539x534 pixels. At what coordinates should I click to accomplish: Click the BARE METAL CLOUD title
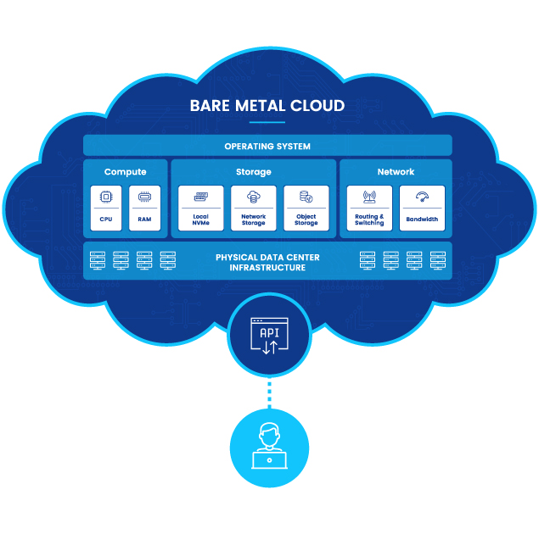(267, 107)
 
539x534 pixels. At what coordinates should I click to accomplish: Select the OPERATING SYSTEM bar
(267, 146)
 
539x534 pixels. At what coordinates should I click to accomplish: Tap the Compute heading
(126, 172)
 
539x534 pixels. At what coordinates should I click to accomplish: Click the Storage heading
(254, 172)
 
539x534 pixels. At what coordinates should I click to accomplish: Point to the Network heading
(396, 172)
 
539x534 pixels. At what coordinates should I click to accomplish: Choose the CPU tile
(107, 209)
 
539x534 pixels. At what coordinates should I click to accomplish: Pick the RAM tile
(144, 209)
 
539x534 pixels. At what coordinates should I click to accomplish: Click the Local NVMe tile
(201, 209)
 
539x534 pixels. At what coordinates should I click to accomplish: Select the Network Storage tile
(254, 209)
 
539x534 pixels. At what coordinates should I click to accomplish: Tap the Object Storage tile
(306, 209)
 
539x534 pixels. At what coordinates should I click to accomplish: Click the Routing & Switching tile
(369, 209)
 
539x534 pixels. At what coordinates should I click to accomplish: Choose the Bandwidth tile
(422, 209)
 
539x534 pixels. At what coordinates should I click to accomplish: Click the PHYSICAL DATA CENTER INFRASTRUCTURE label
(267, 262)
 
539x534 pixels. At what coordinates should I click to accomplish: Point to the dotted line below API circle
(268, 394)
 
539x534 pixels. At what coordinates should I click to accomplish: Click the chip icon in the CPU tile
(107, 197)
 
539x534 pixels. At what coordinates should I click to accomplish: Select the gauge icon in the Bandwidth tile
(422, 197)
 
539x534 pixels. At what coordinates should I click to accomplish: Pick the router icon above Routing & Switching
(369, 197)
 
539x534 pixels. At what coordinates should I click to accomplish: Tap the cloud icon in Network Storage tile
(254, 197)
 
